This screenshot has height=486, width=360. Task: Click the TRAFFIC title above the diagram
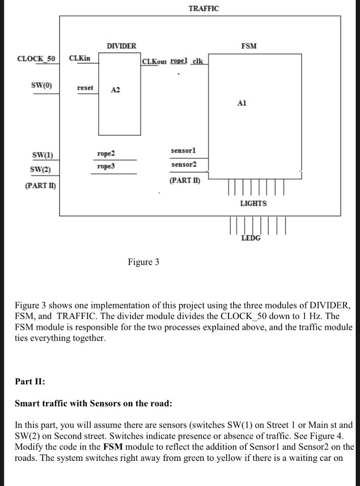204,9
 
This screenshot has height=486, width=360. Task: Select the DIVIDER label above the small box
122,46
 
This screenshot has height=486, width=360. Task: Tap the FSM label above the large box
249,46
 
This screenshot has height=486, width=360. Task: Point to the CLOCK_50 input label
36,59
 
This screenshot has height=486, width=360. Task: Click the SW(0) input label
41,85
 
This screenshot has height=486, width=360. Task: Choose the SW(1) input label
42,155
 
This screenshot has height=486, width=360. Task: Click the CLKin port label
79,58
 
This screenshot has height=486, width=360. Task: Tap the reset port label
85,88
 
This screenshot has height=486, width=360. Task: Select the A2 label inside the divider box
115,90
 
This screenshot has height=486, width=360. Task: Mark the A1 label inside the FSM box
242,103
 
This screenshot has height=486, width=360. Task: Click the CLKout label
155,62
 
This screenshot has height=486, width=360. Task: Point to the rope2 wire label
106,154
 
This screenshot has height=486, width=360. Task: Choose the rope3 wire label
106,167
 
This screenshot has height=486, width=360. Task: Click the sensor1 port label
183,150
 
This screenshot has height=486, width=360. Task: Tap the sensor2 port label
183,164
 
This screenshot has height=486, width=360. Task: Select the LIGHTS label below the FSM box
253,203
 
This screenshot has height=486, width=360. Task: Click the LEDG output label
251,238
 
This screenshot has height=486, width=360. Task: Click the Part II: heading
30,381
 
